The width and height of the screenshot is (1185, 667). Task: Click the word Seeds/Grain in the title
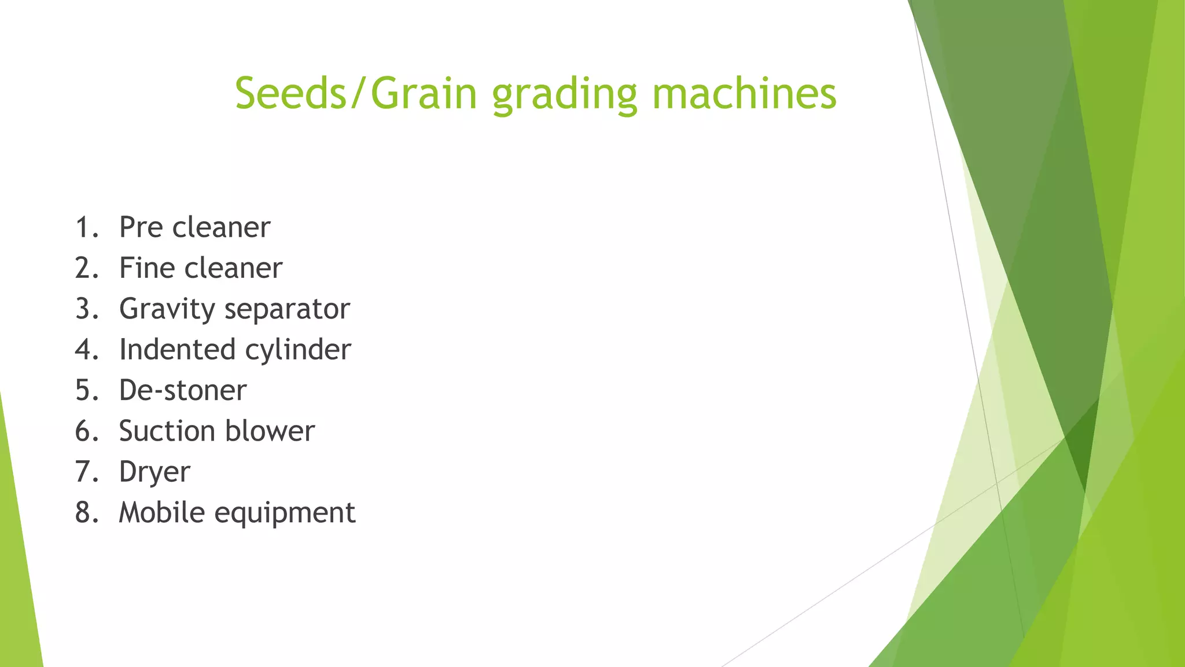point(356,93)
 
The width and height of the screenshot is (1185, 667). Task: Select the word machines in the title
point(744,93)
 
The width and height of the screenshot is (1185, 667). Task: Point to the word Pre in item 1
point(141,227)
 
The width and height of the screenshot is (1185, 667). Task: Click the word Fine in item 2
point(144,268)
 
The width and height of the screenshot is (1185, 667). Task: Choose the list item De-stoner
point(183,390)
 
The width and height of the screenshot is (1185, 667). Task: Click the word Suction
point(167,431)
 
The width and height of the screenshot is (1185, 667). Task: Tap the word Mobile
point(161,512)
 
